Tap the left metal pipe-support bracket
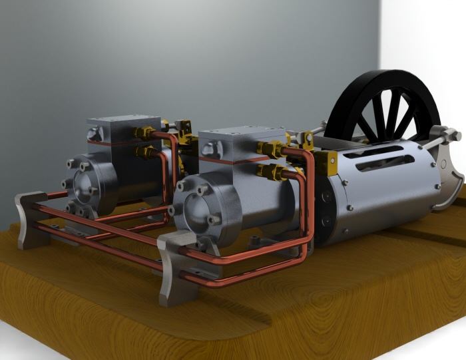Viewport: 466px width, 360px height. point(30,220)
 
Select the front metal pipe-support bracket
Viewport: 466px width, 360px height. point(174,266)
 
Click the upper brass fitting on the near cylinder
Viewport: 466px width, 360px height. point(272,148)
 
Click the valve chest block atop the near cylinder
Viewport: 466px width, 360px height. point(230,144)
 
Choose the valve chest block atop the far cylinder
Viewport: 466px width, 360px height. point(115,128)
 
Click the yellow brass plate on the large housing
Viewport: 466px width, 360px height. point(326,162)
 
